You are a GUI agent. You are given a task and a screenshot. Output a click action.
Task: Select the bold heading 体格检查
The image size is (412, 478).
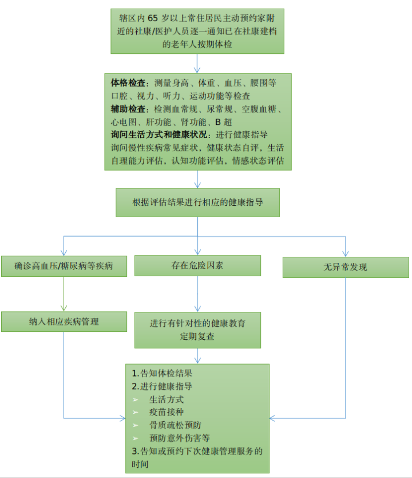pyautogui.click(x=130, y=83)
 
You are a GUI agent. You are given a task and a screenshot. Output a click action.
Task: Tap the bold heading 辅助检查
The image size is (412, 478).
pyautogui.click(x=130, y=109)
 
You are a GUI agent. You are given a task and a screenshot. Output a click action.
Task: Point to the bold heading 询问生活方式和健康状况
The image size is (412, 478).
pyautogui.click(x=162, y=135)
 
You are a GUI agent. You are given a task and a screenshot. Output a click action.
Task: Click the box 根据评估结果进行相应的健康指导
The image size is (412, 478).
pyautogui.click(x=197, y=202)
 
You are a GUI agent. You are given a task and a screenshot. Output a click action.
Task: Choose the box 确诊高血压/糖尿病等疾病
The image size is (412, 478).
pyautogui.click(x=64, y=266)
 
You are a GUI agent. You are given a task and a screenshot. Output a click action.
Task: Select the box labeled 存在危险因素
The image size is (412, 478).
pyautogui.click(x=197, y=265)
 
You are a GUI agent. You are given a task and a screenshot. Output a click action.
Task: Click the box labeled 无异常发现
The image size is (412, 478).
pyautogui.click(x=346, y=267)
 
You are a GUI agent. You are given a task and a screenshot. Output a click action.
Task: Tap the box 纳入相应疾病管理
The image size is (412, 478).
pyautogui.click(x=64, y=322)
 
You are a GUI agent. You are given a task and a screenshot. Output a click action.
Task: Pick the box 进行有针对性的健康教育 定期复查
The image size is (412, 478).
pyautogui.click(x=197, y=330)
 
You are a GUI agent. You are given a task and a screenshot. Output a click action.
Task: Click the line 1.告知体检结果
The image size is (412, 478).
pyautogui.click(x=158, y=373)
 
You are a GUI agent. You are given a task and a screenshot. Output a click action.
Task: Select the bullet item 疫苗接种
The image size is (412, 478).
pyautogui.click(x=167, y=412)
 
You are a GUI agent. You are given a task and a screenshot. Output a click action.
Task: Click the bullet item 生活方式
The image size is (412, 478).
pyautogui.click(x=167, y=399)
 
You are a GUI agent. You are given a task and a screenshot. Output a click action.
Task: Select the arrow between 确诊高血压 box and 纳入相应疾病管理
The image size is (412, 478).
pyautogui.click(x=64, y=294)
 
